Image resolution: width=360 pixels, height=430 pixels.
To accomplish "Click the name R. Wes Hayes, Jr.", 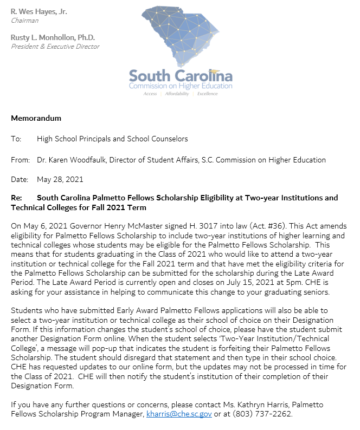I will pyautogui.click(x=39, y=11).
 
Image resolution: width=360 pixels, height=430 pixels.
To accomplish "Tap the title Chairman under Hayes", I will pyautogui.click(x=25, y=21).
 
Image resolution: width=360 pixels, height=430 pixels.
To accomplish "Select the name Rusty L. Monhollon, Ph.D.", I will pyautogui.click(x=53, y=37).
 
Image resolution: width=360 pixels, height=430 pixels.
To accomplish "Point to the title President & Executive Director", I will pyautogui.click(x=55, y=47).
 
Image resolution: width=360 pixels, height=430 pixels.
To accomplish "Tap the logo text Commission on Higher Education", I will pyautogui.click(x=181, y=86).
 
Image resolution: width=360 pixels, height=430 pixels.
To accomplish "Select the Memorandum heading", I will pyautogui.click(x=36, y=118).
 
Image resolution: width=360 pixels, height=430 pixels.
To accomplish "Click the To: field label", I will pyautogui.click(x=16, y=139).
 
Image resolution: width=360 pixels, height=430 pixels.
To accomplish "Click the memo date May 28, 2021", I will pyautogui.click(x=60, y=179).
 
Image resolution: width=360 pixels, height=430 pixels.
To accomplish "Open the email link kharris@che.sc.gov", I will pyautogui.click(x=179, y=414).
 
